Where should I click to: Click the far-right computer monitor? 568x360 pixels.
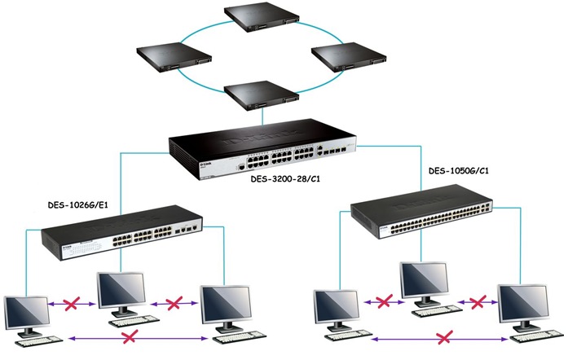(522, 305)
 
